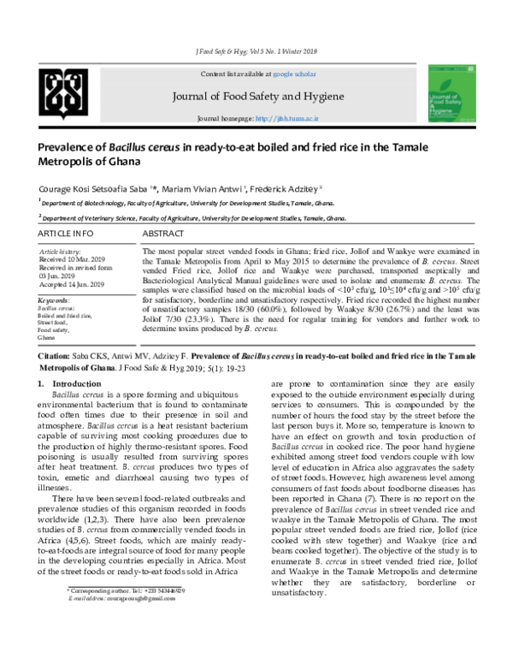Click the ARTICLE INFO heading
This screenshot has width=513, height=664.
(65, 233)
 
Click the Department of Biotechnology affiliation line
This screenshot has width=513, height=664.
(172, 204)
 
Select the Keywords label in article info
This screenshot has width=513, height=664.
(55, 301)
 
